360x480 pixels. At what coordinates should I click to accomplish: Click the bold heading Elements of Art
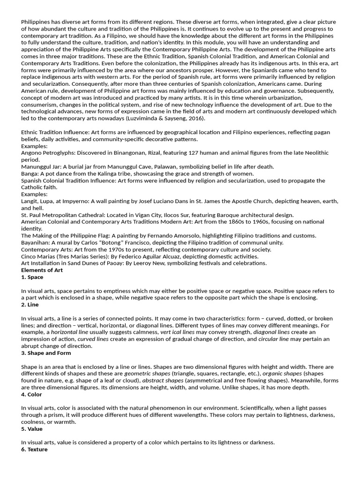click(x=42, y=270)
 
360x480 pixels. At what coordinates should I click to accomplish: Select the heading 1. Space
click(x=32, y=277)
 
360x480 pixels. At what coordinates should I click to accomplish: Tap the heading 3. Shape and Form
click(x=46, y=353)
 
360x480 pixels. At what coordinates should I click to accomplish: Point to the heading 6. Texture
click(x=34, y=450)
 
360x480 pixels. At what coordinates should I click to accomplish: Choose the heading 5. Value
click(x=32, y=429)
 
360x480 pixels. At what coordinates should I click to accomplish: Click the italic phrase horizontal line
click(x=69, y=332)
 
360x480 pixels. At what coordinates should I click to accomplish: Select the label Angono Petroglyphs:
click(x=48, y=153)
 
